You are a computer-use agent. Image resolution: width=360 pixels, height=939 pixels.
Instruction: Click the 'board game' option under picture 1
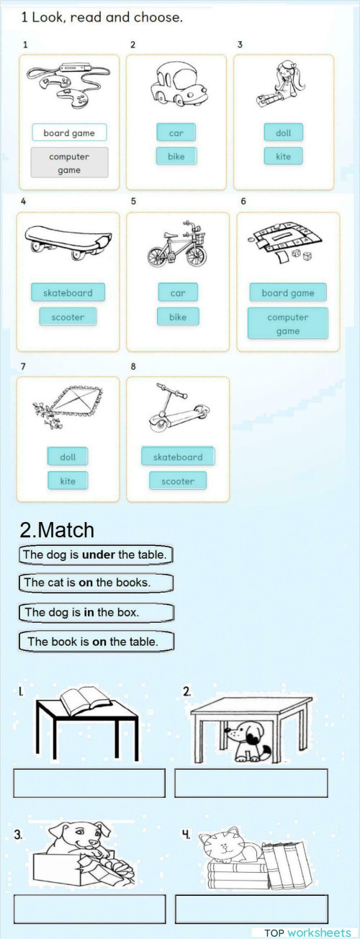coord(69,132)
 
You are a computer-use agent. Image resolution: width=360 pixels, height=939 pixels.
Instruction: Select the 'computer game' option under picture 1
coord(69,163)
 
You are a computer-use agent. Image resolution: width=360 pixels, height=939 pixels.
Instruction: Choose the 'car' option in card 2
coord(176,132)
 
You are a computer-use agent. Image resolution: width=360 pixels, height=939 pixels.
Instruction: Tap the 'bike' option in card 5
coord(178,316)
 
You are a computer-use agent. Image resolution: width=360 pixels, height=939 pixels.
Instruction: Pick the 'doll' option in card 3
coord(284,132)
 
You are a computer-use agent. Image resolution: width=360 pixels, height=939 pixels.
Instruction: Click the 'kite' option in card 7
coord(68,480)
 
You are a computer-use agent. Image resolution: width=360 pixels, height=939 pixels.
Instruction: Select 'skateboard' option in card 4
coord(68,292)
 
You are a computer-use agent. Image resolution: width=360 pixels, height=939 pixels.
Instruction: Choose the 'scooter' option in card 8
coord(178,480)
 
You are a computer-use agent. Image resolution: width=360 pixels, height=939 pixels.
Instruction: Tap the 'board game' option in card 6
coord(288,292)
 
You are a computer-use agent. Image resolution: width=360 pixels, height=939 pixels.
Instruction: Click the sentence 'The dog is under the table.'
coord(95,555)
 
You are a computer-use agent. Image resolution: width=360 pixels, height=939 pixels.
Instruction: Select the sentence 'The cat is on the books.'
coord(95,582)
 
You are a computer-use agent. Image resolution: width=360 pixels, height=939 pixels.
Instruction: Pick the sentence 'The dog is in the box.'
coord(95,612)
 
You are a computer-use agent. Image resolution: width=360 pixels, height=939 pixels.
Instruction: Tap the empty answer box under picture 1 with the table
coord(89,783)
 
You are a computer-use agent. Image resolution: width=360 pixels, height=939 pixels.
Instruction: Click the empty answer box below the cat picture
coord(251,908)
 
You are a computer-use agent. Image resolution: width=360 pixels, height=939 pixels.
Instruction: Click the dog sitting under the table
coord(246,742)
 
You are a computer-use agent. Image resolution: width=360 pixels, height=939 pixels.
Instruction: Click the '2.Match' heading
coord(57,530)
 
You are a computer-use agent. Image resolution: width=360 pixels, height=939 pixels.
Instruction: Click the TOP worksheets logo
coord(307,933)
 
